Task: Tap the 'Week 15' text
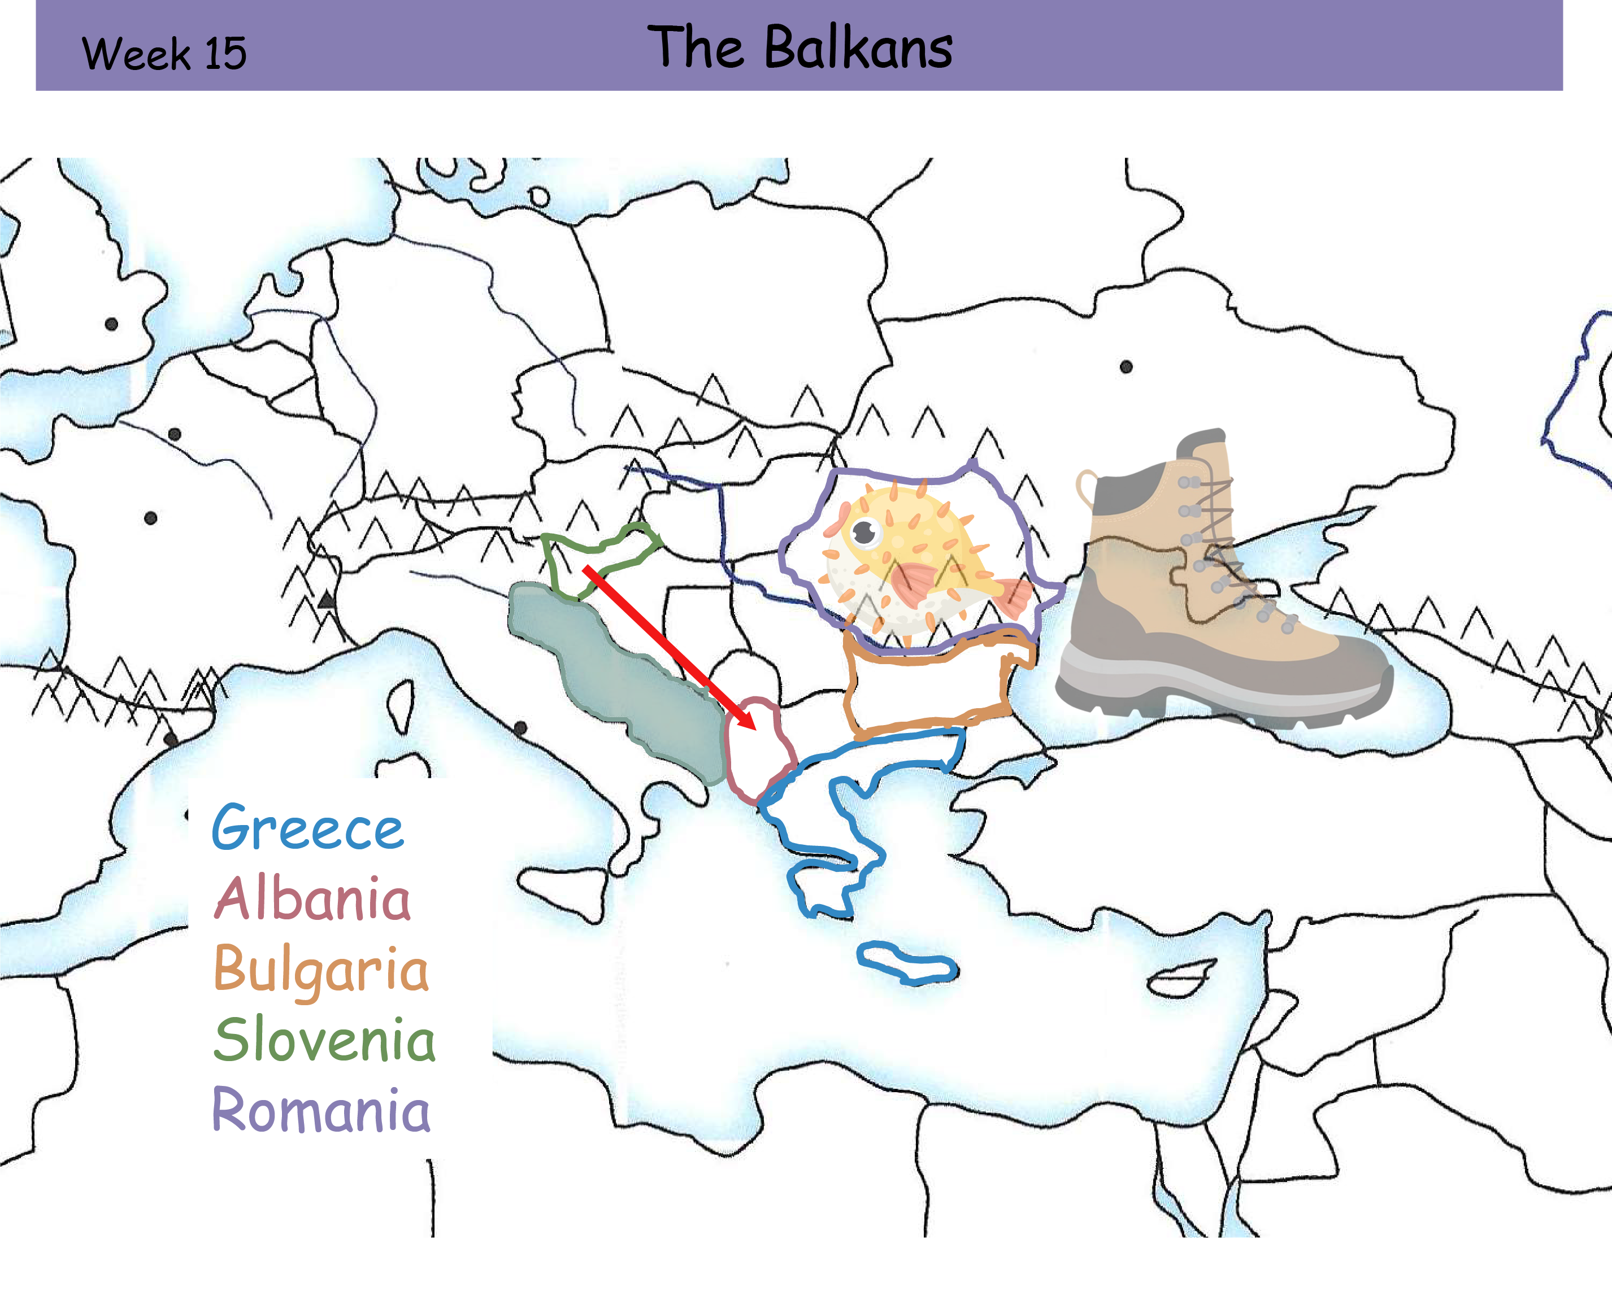pyautogui.click(x=164, y=54)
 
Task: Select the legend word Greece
pyautogui.click(x=307, y=827)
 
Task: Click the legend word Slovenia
pyautogui.click(x=324, y=1039)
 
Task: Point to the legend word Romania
pyautogui.click(x=321, y=1110)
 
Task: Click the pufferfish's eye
pyautogui.click(x=865, y=532)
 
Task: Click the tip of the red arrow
pyautogui.click(x=754, y=726)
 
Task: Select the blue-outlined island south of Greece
pyautogui.click(x=906, y=963)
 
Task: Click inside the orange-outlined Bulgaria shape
pyautogui.click(x=927, y=688)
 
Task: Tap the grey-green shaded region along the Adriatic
pyautogui.click(x=628, y=673)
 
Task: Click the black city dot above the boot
pyautogui.click(x=1126, y=366)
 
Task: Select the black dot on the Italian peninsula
pyautogui.click(x=520, y=727)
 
